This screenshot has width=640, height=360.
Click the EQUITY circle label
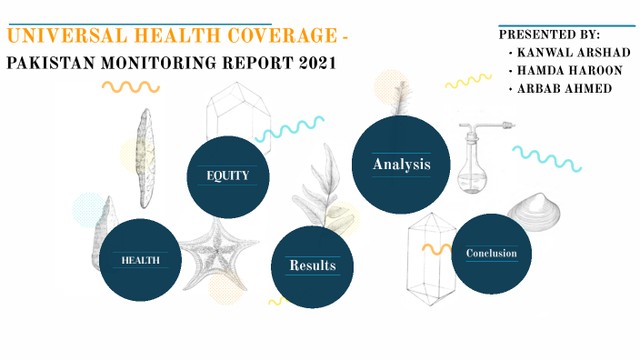[227, 175]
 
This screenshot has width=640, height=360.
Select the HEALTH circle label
[141, 260]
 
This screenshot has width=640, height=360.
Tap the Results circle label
[312, 265]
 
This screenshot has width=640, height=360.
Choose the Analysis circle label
[400, 165]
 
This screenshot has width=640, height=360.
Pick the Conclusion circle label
[491, 254]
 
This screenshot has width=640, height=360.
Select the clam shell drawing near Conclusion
[537, 213]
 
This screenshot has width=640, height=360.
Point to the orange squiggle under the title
[130, 87]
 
